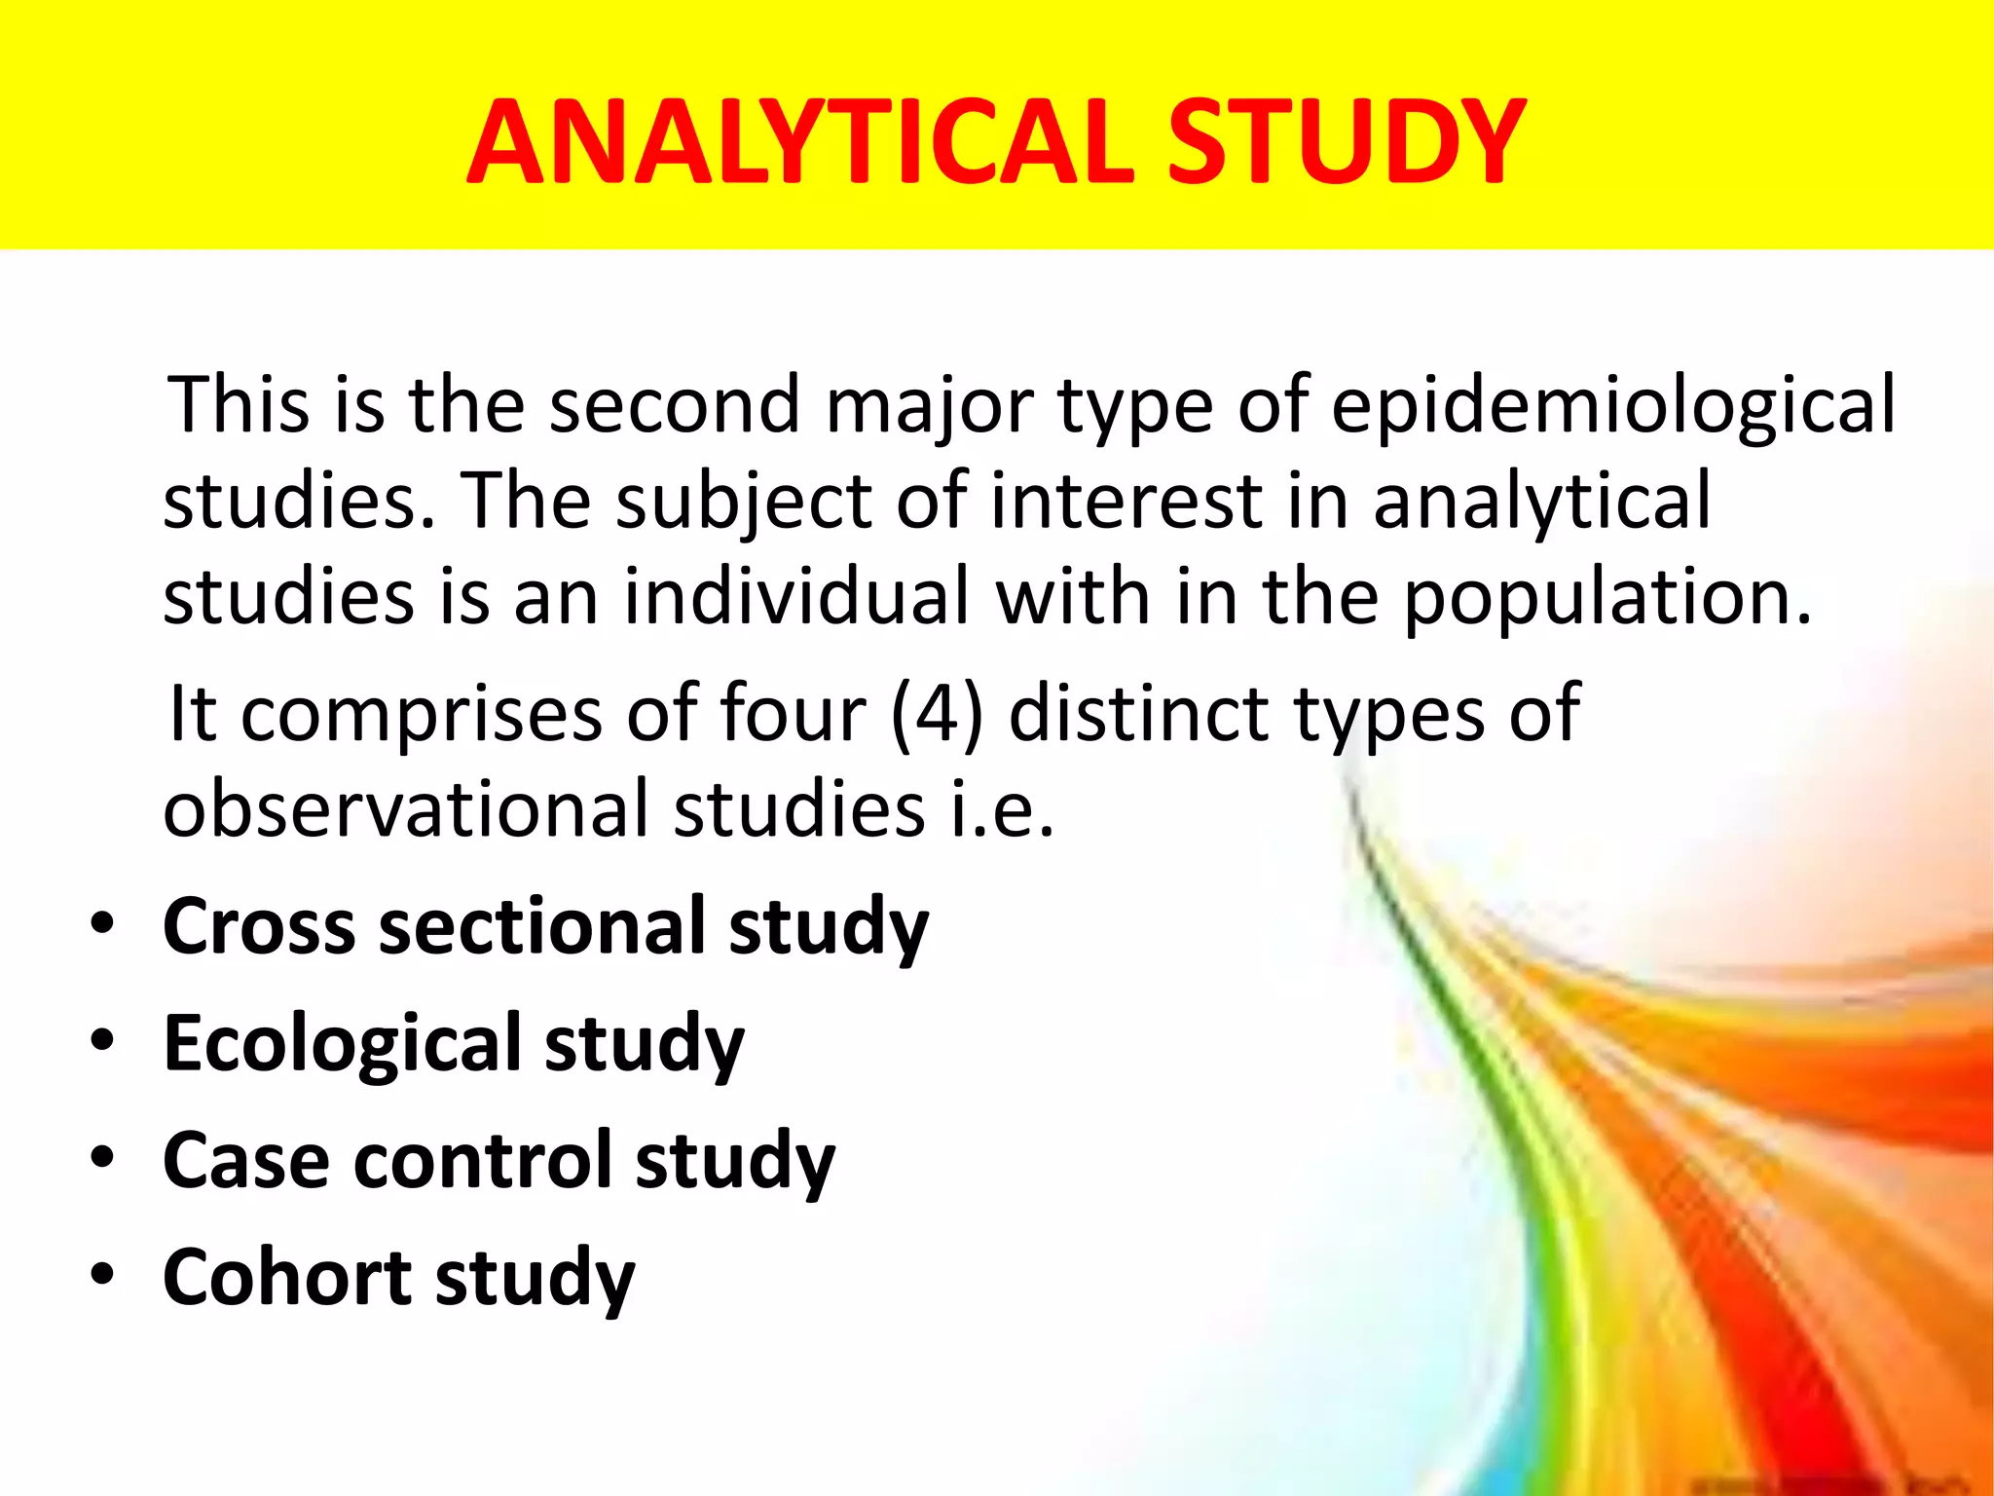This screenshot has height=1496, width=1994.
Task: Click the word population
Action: point(1607,598)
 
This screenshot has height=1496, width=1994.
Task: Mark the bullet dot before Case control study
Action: point(102,1158)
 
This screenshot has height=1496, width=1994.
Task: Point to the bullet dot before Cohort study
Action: point(102,1275)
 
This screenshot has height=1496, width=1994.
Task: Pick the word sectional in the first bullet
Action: point(541,926)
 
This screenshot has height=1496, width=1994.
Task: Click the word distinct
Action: point(1139,713)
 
